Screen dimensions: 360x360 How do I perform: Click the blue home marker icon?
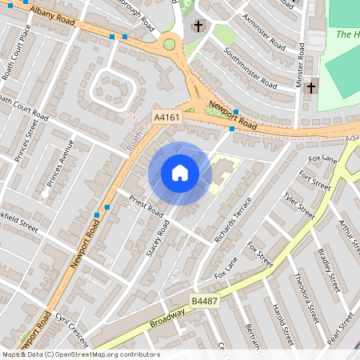click(x=179, y=172)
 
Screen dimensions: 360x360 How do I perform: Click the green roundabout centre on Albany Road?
click(x=170, y=43)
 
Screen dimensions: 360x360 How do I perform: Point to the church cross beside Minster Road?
click(x=310, y=86)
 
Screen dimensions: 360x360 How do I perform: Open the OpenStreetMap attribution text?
click(x=80, y=354)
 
